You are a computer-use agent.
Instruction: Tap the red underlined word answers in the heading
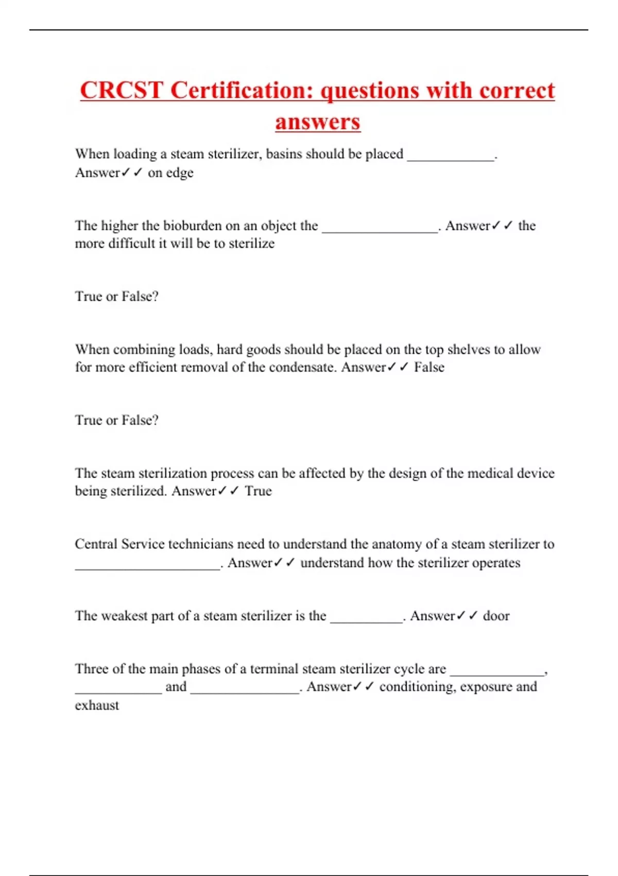pos(317,123)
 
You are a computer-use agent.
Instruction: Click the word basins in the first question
pos(283,154)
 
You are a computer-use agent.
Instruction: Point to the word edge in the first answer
pos(179,173)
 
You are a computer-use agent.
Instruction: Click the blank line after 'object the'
pos(380,229)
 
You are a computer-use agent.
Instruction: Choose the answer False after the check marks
pos(429,367)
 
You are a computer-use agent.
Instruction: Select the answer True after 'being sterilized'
pos(258,491)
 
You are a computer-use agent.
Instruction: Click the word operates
pos(496,563)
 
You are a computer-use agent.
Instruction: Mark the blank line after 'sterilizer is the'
pos(366,619)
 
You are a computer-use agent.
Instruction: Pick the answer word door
pos(496,616)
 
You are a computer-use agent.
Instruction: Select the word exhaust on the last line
pos(97,705)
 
